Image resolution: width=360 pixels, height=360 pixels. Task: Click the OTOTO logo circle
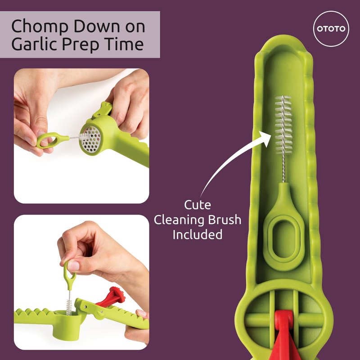[331, 29]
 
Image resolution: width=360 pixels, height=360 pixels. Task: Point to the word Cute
[198, 205]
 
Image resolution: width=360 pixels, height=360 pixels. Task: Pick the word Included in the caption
[198, 234]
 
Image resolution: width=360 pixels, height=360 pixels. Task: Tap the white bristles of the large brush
[283, 125]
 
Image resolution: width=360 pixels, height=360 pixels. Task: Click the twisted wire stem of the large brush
[283, 168]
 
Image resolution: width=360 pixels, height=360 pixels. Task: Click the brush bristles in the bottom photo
[69, 306]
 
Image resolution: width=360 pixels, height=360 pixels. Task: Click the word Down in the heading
[97, 27]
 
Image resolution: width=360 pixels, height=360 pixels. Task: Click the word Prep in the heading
[81, 44]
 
